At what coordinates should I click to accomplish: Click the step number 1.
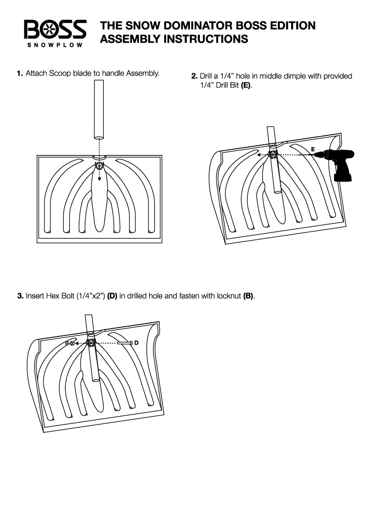click(19, 74)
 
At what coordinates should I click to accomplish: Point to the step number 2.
click(194, 77)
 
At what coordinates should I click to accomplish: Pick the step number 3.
click(20, 296)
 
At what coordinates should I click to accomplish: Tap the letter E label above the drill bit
click(312, 149)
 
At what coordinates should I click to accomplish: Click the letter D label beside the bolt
click(136, 342)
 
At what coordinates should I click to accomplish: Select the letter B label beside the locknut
click(67, 342)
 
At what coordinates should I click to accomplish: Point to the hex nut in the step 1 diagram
click(99, 166)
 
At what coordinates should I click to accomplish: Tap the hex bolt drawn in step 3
click(124, 342)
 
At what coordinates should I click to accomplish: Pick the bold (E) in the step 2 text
click(246, 85)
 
